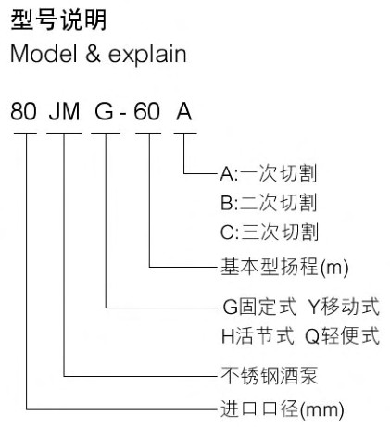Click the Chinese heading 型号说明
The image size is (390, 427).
[58, 19]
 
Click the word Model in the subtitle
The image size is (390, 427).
[44, 54]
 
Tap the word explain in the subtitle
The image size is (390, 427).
[147, 55]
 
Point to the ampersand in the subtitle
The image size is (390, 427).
[93, 54]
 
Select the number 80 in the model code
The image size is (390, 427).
[23, 111]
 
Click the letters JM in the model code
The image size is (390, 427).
[64, 111]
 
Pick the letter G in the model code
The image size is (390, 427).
[104, 111]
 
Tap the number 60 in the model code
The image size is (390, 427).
[146, 111]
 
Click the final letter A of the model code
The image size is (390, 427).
[184, 111]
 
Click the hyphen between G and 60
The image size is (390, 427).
[122, 114]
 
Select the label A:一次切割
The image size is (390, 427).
[269, 173]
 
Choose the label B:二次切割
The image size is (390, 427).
[269, 203]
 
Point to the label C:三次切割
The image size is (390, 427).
[270, 232]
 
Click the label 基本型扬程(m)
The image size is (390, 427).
[284, 267]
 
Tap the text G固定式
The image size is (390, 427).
[259, 307]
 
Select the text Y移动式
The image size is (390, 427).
[344, 307]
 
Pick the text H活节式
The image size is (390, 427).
[258, 336]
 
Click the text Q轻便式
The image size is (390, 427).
[342, 336]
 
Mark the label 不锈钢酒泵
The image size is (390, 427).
[270, 376]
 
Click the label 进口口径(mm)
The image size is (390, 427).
[282, 409]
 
